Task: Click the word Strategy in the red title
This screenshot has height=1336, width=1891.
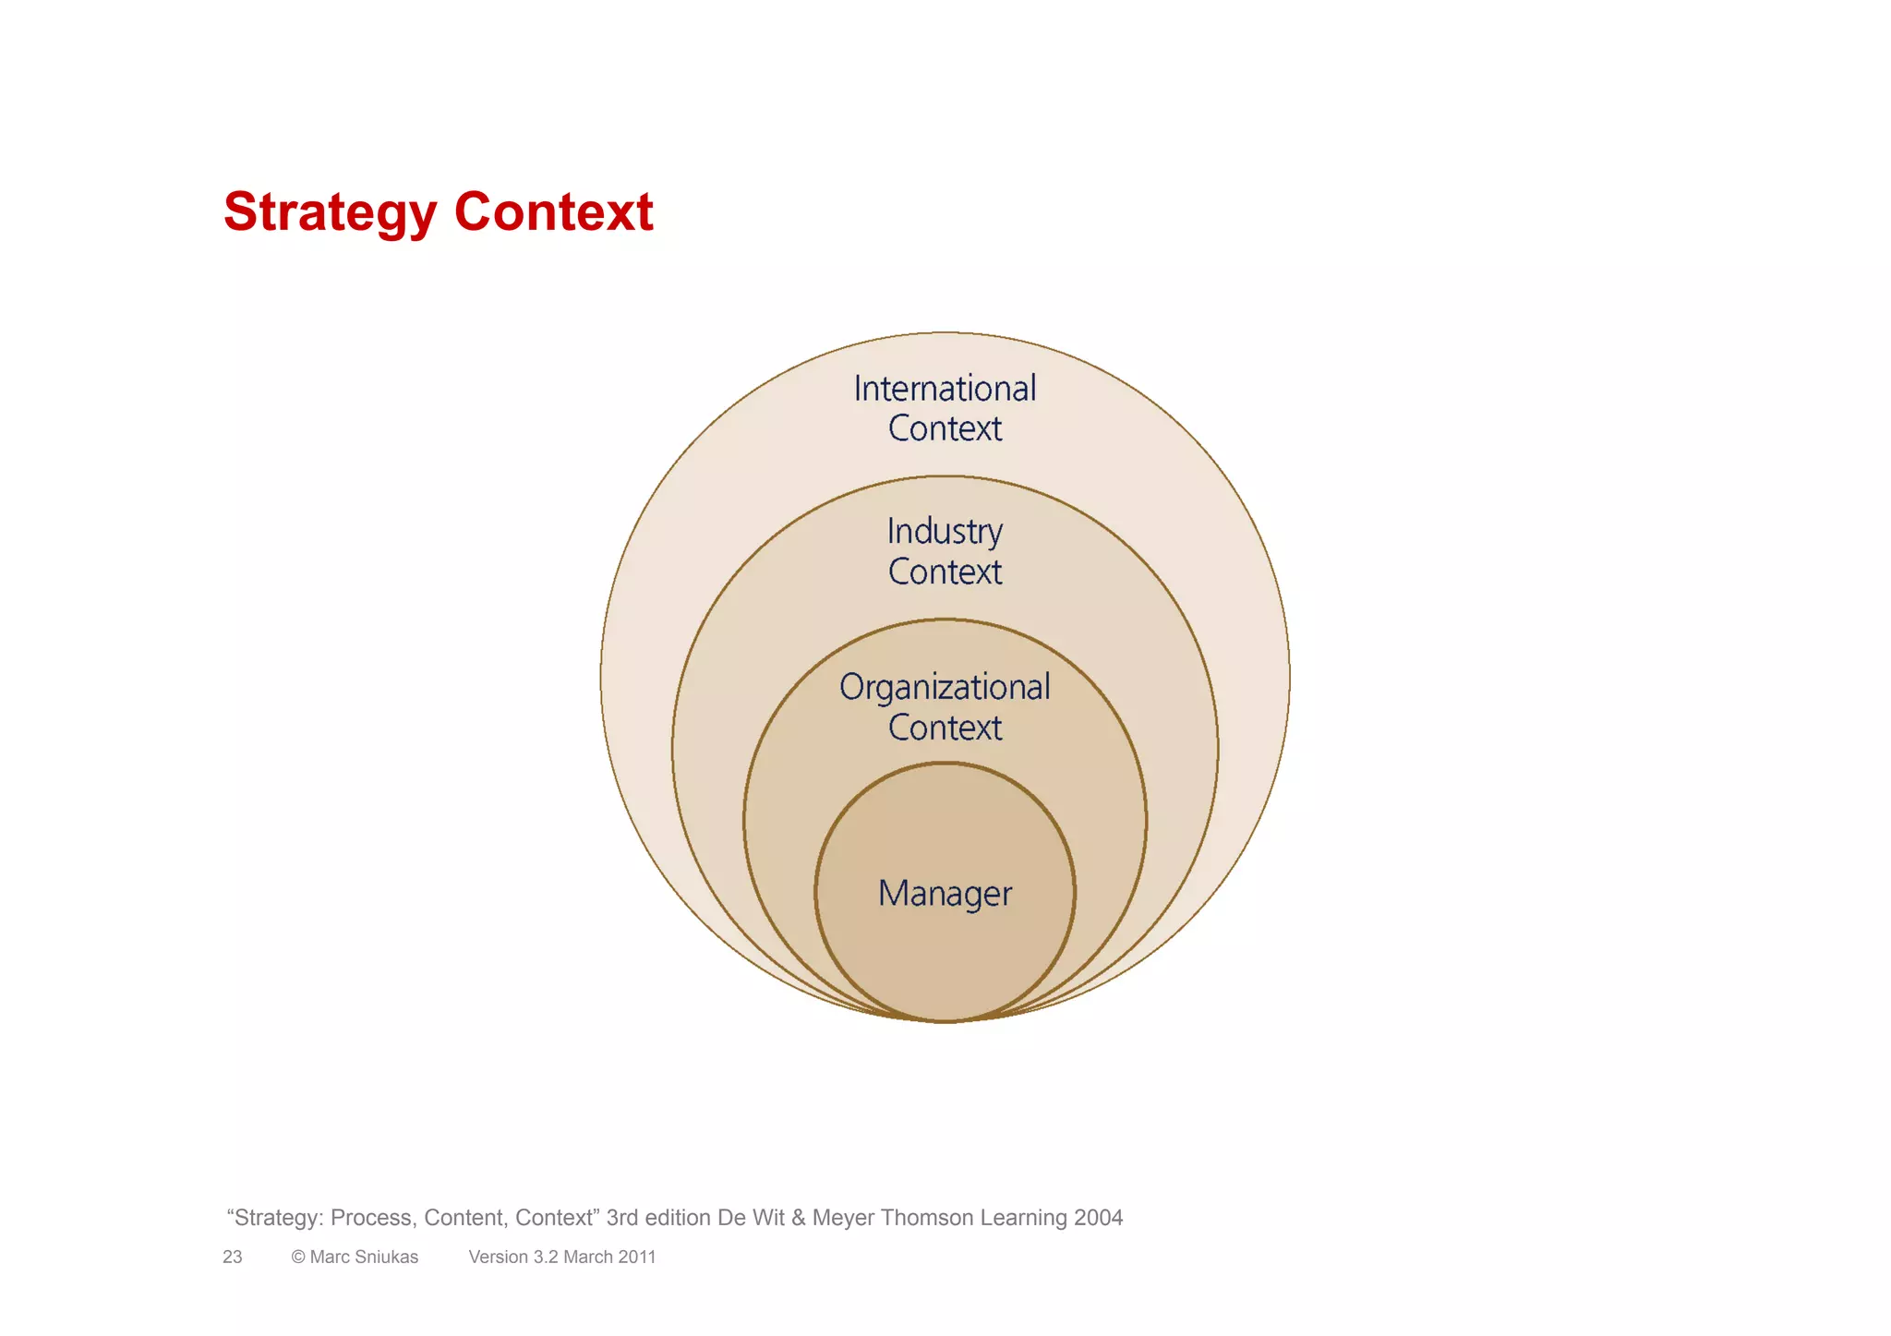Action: point(330,212)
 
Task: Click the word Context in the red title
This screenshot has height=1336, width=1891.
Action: point(553,212)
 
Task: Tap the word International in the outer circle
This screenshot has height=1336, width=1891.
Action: point(945,389)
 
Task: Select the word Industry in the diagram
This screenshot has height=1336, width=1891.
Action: point(945,532)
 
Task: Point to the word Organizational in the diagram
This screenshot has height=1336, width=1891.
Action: point(945,688)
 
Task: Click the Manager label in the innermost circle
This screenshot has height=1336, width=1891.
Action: point(945,894)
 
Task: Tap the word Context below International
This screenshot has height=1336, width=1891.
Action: point(945,429)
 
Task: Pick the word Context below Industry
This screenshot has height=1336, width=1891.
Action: point(945,572)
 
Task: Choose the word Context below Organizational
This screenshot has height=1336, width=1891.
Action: point(945,728)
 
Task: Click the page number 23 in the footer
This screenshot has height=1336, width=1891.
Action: point(233,1257)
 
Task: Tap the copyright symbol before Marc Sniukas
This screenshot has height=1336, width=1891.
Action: point(298,1257)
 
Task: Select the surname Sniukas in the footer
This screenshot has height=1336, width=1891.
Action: point(387,1257)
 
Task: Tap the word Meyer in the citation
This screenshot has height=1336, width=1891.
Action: point(843,1218)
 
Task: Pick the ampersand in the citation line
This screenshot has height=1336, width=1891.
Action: point(799,1218)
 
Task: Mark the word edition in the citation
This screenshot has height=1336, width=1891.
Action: point(678,1218)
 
